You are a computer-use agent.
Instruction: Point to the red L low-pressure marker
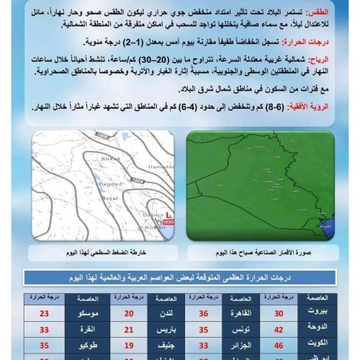pyautogui.click(x=168, y=215)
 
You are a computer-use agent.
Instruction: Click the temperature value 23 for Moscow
pyautogui.click(x=44, y=314)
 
